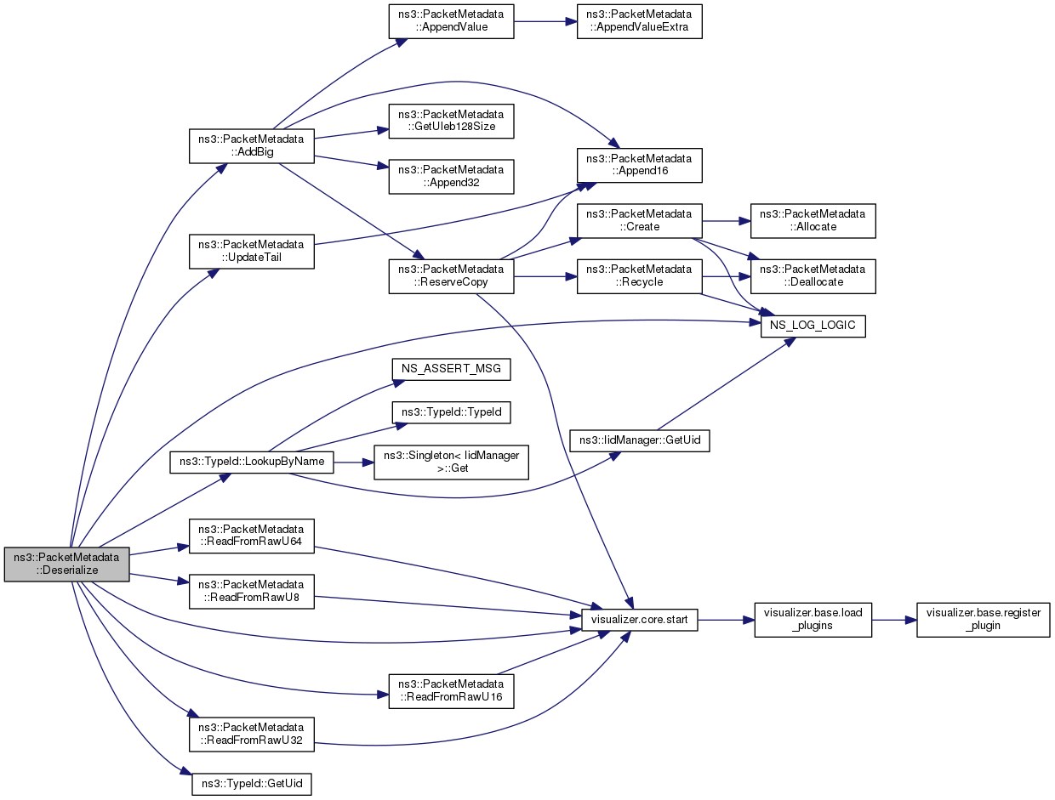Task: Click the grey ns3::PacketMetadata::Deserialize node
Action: click(67, 565)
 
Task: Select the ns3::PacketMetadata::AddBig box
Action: click(251, 146)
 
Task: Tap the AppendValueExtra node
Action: click(639, 21)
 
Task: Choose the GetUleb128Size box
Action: click(451, 122)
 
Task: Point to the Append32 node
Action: click(451, 177)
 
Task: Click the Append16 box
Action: click(639, 165)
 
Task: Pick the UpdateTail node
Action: click(251, 252)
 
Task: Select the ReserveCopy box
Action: click(451, 276)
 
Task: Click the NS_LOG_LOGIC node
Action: click(813, 326)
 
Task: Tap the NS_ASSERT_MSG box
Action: click(451, 369)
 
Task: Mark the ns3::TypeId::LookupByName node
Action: click(251, 462)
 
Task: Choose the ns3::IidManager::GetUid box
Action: click(639, 440)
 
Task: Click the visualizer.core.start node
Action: click(639, 620)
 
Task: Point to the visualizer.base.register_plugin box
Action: click(983, 620)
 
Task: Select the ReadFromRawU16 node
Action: click(451, 691)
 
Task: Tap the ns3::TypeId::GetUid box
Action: click(251, 784)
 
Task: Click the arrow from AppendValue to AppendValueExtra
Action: click(545, 21)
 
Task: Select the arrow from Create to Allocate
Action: click(727, 221)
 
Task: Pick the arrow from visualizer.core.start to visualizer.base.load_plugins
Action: click(726, 620)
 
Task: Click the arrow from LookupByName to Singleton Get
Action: click(354, 462)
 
